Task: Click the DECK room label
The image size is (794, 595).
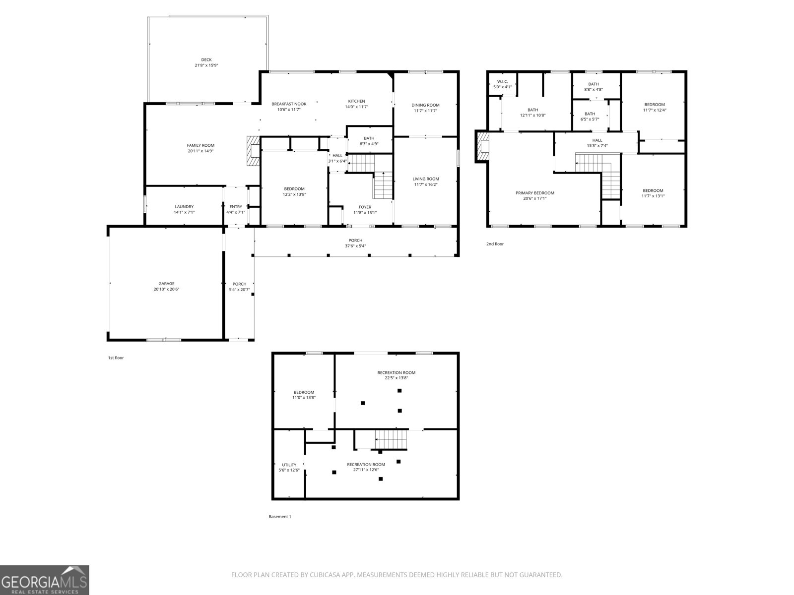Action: (206, 59)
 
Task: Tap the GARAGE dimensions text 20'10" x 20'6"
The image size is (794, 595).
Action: (166, 289)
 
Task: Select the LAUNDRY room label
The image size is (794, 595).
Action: (184, 207)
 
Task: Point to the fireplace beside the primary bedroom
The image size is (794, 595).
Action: (482, 146)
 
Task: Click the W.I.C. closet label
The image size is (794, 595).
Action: (502, 81)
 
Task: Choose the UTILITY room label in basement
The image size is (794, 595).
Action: (289, 465)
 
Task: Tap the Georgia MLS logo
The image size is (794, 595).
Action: (45, 580)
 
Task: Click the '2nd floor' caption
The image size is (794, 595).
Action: (495, 244)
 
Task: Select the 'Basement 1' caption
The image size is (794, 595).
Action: (280, 517)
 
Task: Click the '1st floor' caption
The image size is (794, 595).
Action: (116, 357)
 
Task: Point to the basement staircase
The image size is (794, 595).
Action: (391, 439)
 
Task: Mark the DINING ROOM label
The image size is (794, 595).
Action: (425, 105)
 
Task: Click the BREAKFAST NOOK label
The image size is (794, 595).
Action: (289, 104)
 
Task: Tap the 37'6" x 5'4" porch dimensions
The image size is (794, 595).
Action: (355, 246)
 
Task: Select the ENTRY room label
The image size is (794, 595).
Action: (236, 207)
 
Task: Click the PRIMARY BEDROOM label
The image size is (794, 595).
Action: (535, 193)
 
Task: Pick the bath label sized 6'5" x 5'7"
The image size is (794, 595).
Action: (590, 119)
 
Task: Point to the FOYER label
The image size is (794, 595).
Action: (365, 207)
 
